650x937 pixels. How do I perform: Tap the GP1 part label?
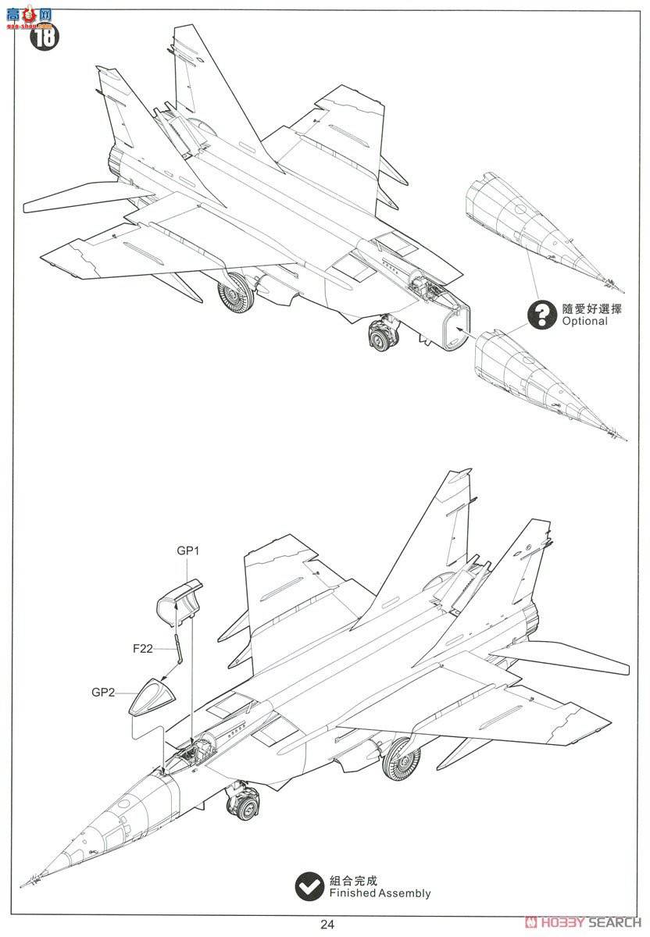click(x=188, y=550)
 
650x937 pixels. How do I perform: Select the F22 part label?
click(x=144, y=647)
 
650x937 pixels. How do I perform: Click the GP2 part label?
click(x=103, y=692)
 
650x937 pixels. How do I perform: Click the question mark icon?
click(x=539, y=315)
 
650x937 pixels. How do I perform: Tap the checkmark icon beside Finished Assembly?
click(x=309, y=885)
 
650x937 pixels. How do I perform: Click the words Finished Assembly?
click(x=380, y=893)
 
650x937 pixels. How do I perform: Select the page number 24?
click(x=327, y=925)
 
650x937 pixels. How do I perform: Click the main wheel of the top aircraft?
click(x=237, y=294)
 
